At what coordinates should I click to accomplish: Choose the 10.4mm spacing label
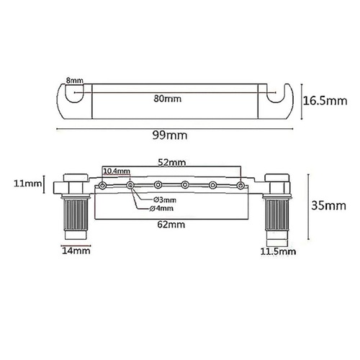click(x=117, y=172)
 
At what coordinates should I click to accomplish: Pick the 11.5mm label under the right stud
click(x=278, y=253)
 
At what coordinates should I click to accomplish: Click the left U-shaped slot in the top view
click(x=73, y=93)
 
